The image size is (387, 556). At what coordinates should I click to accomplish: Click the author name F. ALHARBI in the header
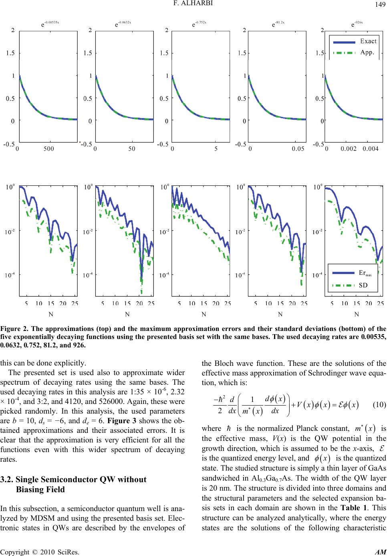[193, 4]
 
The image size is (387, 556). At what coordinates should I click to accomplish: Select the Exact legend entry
[368, 41]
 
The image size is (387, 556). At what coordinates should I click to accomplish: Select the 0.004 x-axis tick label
[371, 149]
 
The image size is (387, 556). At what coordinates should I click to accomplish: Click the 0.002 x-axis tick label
[349, 149]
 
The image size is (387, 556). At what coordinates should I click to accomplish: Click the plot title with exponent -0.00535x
[50, 24]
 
